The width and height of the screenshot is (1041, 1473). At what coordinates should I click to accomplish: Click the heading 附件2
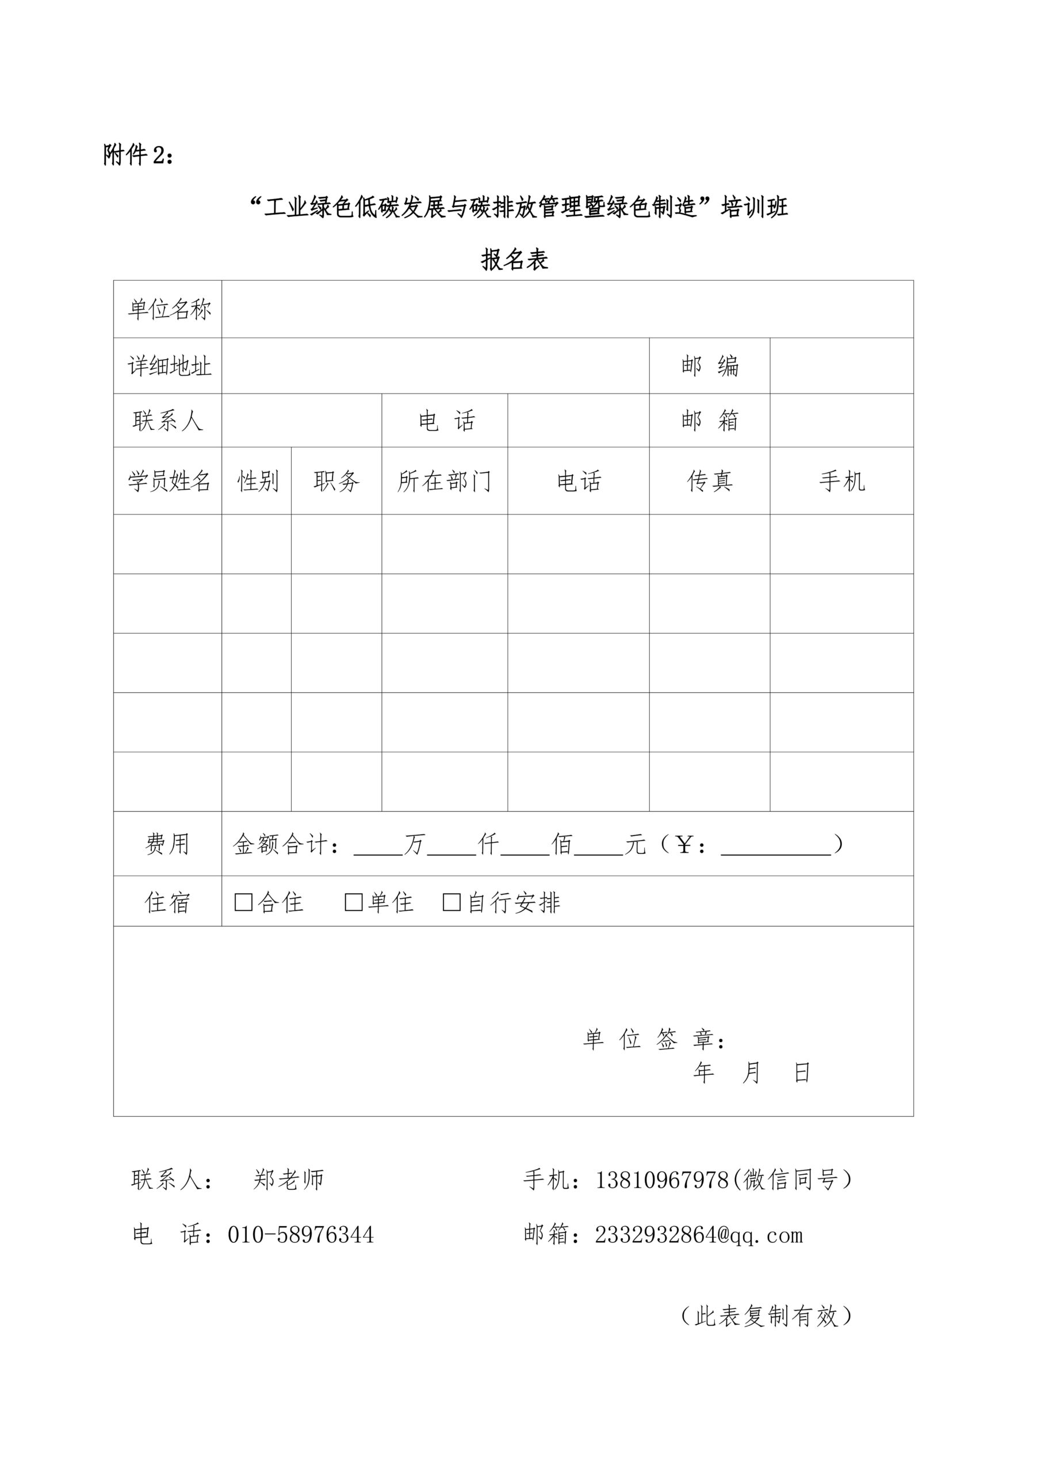pos(138,155)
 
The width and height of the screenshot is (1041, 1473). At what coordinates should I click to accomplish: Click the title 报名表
pos(514,260)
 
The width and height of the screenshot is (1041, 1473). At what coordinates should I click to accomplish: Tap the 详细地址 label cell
pos(169,366)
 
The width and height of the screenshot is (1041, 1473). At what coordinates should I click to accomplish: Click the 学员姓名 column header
pos(169,481)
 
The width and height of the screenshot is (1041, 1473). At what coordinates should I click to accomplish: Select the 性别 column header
pos(258,481)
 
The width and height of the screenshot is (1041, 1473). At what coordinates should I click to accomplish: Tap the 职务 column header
pos(336,481)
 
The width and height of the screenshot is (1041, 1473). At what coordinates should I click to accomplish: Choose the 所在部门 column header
pos(445,481)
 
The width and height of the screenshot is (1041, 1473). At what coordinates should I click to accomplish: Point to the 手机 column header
pos(841,481)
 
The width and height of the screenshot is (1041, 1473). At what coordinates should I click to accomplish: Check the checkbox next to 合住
pos(244,903)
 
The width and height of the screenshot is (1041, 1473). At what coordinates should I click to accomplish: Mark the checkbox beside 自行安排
pos(451,903)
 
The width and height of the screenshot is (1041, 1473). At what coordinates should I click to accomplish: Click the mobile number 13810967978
pos(662,1180)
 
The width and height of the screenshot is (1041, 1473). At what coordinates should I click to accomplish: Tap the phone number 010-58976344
pos(300,1235)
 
